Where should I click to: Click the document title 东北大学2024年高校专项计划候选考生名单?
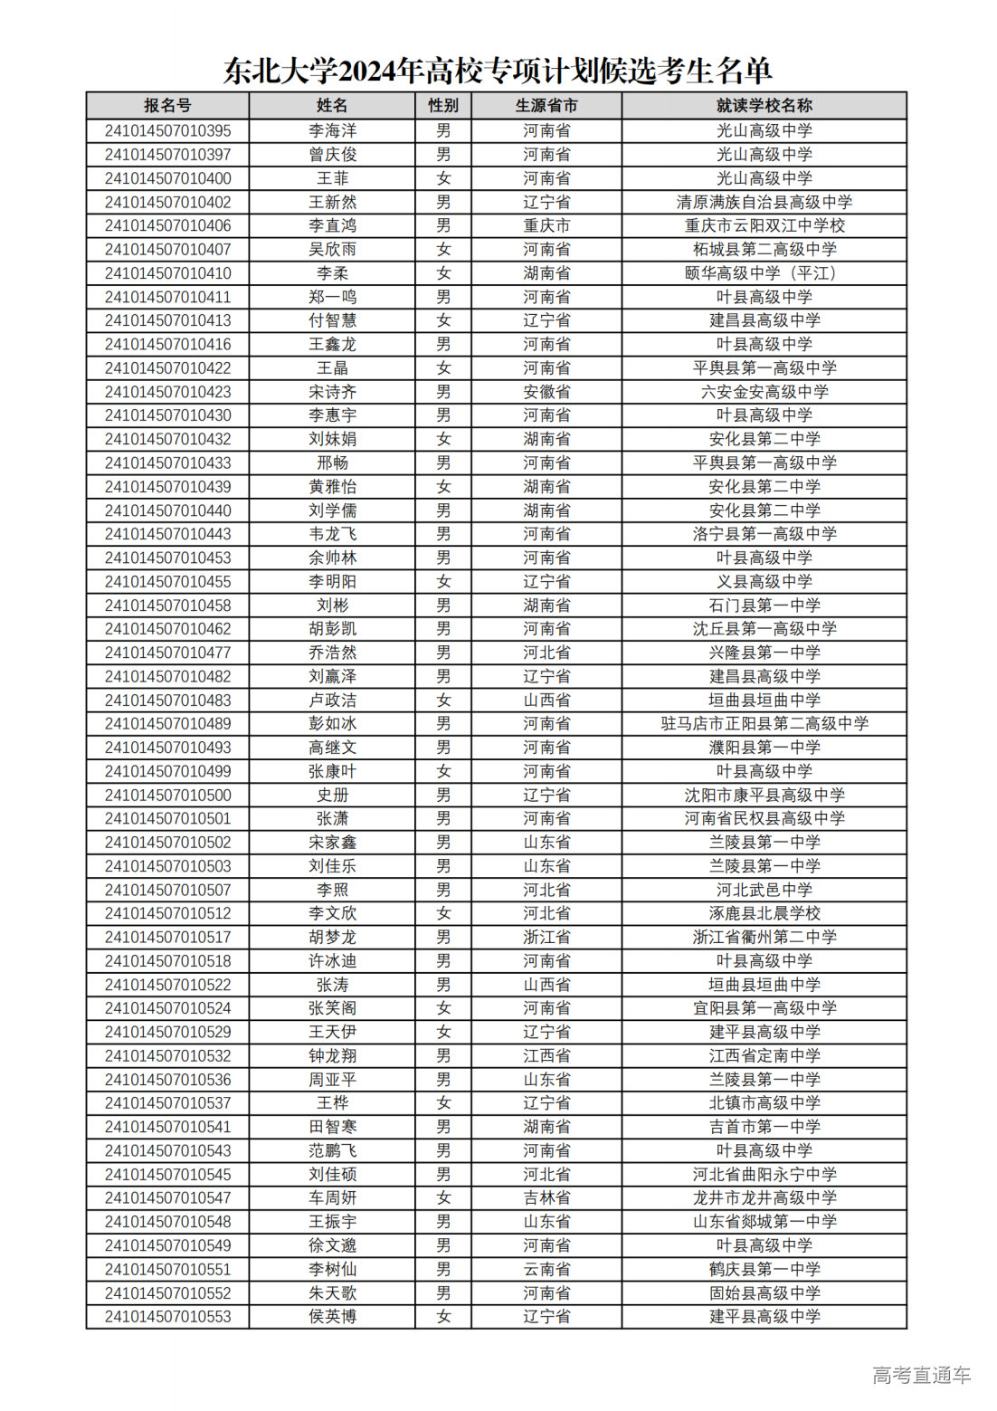point(498,71)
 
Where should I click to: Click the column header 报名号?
point(167,106)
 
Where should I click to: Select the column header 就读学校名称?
point(764,106)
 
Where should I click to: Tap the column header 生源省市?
point(546,106)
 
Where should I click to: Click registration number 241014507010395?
point(167,131)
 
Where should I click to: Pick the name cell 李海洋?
point(332,131)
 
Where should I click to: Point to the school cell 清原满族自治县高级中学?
point(764,203)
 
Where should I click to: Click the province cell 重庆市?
point(546,226)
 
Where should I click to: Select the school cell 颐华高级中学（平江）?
point(764,273)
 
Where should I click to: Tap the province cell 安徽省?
point(546,392)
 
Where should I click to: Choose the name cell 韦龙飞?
point(332,534)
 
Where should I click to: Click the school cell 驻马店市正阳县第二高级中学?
point(764,724)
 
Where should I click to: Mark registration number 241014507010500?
point(167,796)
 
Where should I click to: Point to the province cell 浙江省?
point(546,938)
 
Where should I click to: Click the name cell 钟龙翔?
point(332,1056)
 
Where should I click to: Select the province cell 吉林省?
point(546,1198)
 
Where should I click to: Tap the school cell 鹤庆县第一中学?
point(764,1270)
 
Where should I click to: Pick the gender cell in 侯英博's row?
point(443,1317)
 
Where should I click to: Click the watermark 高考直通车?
point(921,1376)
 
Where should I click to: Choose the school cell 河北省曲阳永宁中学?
point(764,1175)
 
